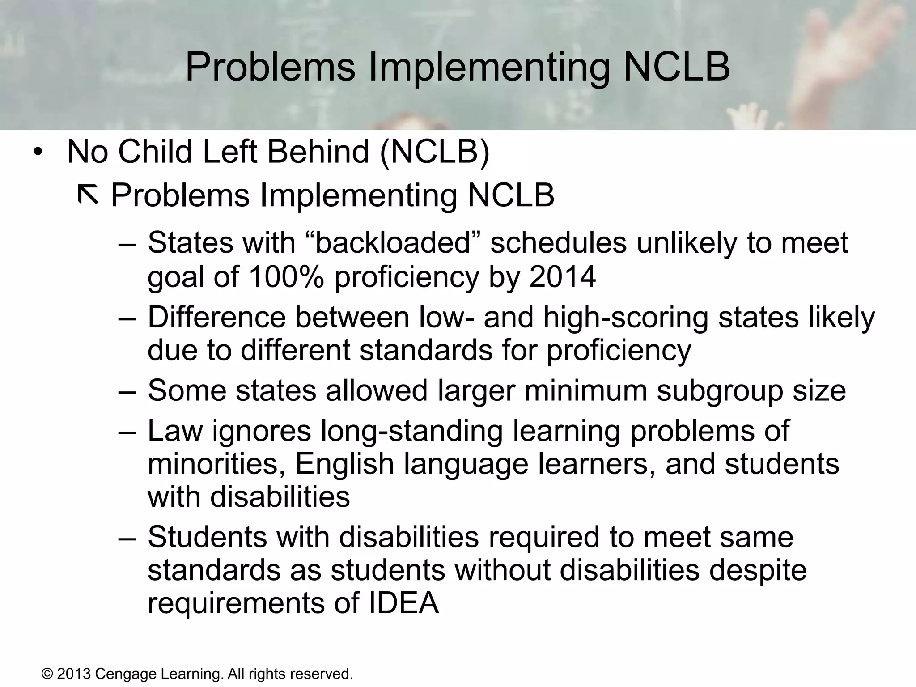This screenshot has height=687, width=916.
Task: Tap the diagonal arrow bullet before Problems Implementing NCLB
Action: (88, 195)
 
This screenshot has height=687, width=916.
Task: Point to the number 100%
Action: (286, 276)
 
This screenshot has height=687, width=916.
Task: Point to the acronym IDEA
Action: (403, 603)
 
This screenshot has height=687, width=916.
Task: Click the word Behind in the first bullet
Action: (318, 152)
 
